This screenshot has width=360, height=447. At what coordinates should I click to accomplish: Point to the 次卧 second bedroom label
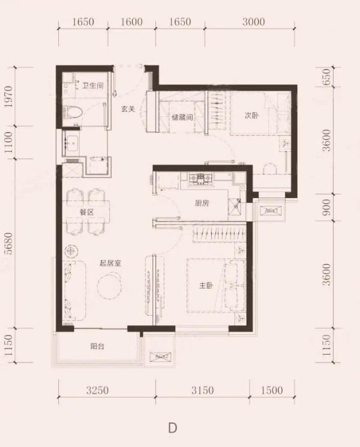tap(251, 115)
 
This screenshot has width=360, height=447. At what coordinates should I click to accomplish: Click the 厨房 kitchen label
tap(202, 203)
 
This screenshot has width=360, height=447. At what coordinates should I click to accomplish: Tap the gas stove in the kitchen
tap(199, 178)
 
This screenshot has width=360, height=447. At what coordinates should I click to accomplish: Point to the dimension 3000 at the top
tap(254, 23)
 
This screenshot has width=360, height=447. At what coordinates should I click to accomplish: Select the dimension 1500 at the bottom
tap(271, 391)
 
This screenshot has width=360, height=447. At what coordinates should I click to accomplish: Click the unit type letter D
tap(173, 428)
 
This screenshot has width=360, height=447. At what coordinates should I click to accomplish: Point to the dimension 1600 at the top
tap(131, 23)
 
